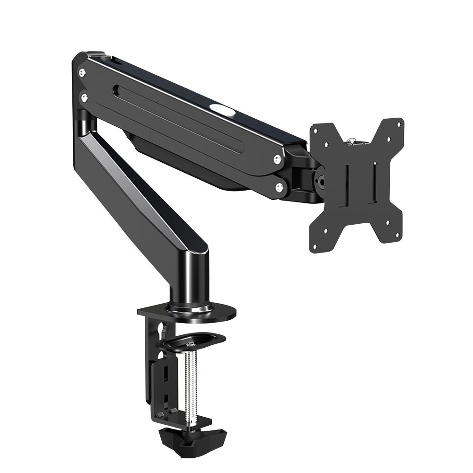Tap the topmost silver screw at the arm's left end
tap(82, 72)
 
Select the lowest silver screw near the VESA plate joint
tap(280, 188)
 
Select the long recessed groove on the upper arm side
tap(180, 118)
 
